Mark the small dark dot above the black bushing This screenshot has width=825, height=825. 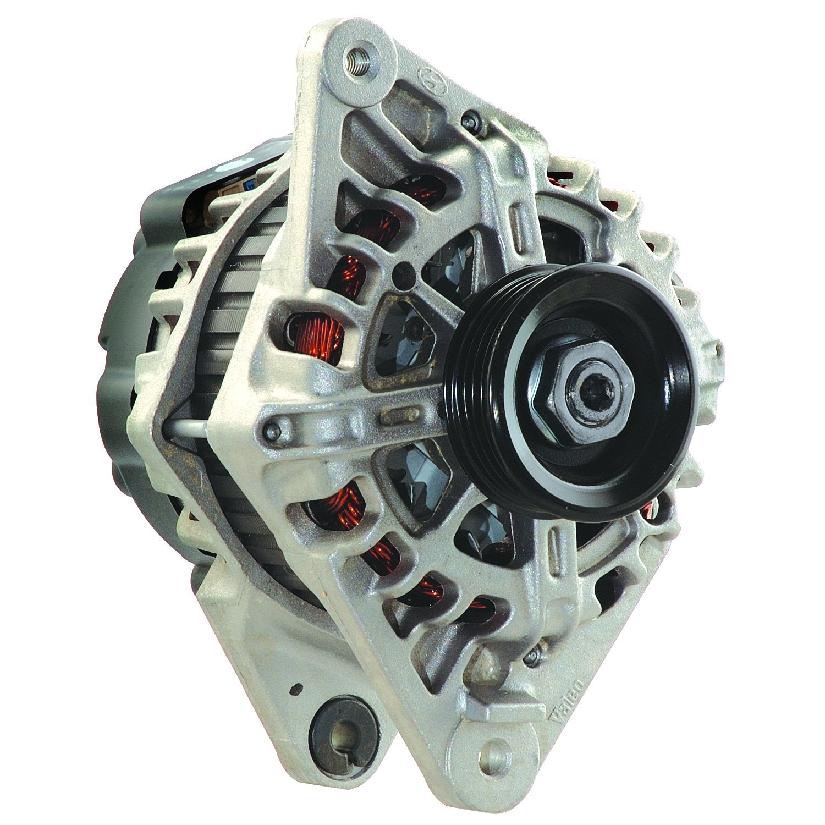298,687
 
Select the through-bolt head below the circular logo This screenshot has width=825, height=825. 471,117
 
